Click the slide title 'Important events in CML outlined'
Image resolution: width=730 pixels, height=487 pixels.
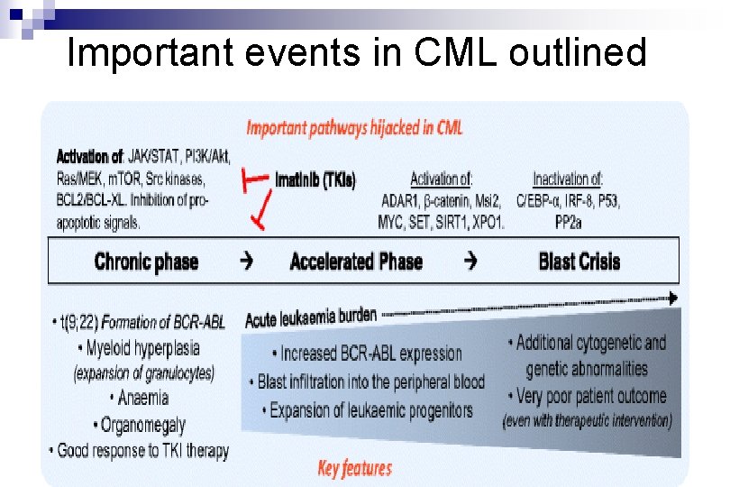(357, 53)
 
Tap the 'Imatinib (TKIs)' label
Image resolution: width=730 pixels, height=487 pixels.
(315, 180)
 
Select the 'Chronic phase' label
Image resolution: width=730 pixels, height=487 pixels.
(145, 262)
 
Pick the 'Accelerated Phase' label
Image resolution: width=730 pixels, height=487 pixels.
(356, 262)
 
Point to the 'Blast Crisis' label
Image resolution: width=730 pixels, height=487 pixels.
(579, 262)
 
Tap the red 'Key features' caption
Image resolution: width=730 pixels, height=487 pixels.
(354, 468)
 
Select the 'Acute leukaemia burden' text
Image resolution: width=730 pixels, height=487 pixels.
(311, 315)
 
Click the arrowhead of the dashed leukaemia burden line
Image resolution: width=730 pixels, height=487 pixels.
(672, 299)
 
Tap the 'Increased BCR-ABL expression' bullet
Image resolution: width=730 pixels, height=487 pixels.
(366, 354)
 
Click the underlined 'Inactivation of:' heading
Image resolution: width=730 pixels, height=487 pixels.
(568, 179)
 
